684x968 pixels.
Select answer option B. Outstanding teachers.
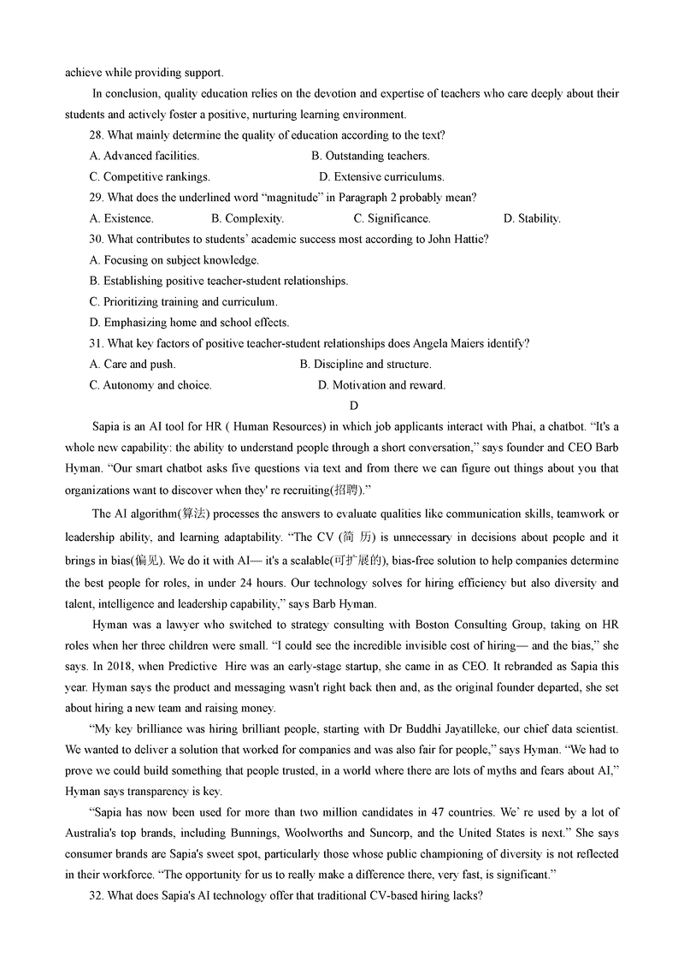click(370, 156)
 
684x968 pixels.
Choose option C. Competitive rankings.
click(150, 177)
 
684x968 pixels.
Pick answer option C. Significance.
click(392, 219)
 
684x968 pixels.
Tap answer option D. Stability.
click(532, 219)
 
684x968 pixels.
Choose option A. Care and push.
click(132, 365)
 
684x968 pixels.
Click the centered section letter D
click(354, 406)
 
